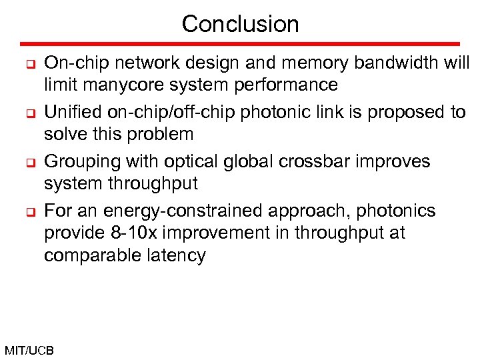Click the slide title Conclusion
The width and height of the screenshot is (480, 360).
pyautogui.click(x=240, y=24)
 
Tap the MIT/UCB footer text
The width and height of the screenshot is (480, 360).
pyautogui.click(x=29, y=350)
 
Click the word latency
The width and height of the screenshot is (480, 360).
pyautogui.click(x=178, y=255)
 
